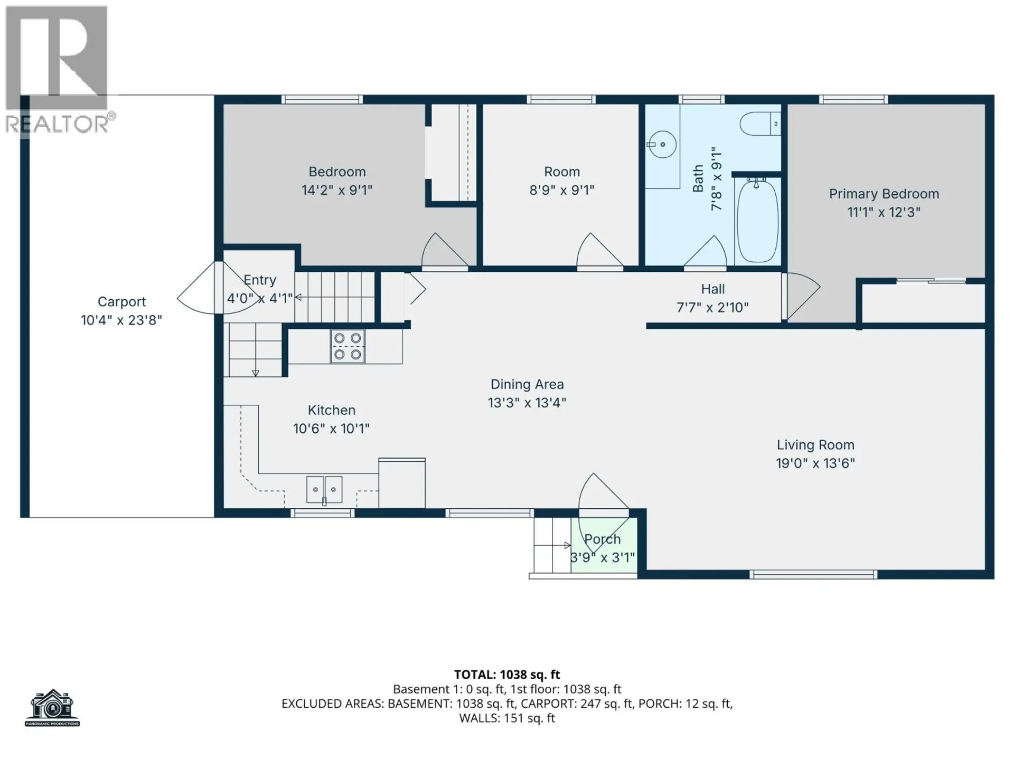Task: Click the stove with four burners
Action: (x=348, y=346)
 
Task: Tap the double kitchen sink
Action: (x=324, y=489)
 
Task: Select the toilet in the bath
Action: (x=759, y=125)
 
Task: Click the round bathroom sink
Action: (x=662, y=144)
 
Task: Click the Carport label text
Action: (x=121, y=302)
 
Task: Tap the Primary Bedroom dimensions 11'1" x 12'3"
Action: (x=884, y=212)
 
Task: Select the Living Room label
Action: (x=815, y=445)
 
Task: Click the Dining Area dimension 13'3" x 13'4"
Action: (x=527, y=403)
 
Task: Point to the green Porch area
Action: (x=604, y=546)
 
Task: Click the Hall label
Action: (x=712, y=289)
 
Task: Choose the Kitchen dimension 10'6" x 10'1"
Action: (x=331, y=429)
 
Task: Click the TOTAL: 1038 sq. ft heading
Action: (x=507, y=674)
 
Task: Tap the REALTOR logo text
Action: (x=57, y=124)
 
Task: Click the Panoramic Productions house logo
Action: (x=52, y=708)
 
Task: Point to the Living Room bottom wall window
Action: (x=813, y=574)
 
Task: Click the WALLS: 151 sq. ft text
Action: (x=507, y=718)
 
